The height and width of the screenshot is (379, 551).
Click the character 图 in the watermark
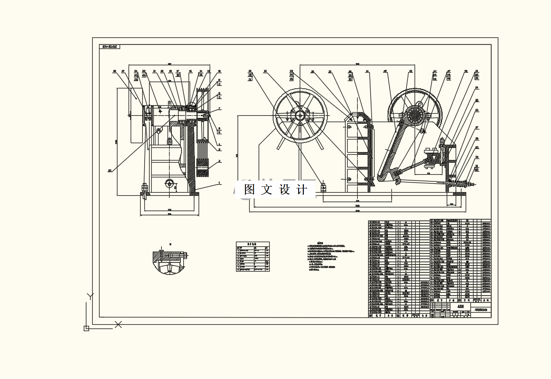point(250,190)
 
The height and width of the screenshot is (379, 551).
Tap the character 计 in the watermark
point(302,190)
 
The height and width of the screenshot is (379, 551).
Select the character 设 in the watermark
point(285,190)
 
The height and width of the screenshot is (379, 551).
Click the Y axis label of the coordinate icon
point(90,296)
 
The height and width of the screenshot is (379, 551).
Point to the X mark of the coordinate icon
point(118,325)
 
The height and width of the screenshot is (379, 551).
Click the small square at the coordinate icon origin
point(86,328)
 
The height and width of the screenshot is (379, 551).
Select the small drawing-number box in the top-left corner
point(110,47)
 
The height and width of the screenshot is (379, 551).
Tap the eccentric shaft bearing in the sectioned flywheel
point(414,114)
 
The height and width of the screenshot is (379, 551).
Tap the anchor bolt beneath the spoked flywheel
point(322,187)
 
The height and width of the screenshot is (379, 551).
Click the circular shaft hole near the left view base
point(169,183)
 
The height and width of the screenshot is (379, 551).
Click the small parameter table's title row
point(252,244)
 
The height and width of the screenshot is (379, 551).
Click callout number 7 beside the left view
point(220,108)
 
